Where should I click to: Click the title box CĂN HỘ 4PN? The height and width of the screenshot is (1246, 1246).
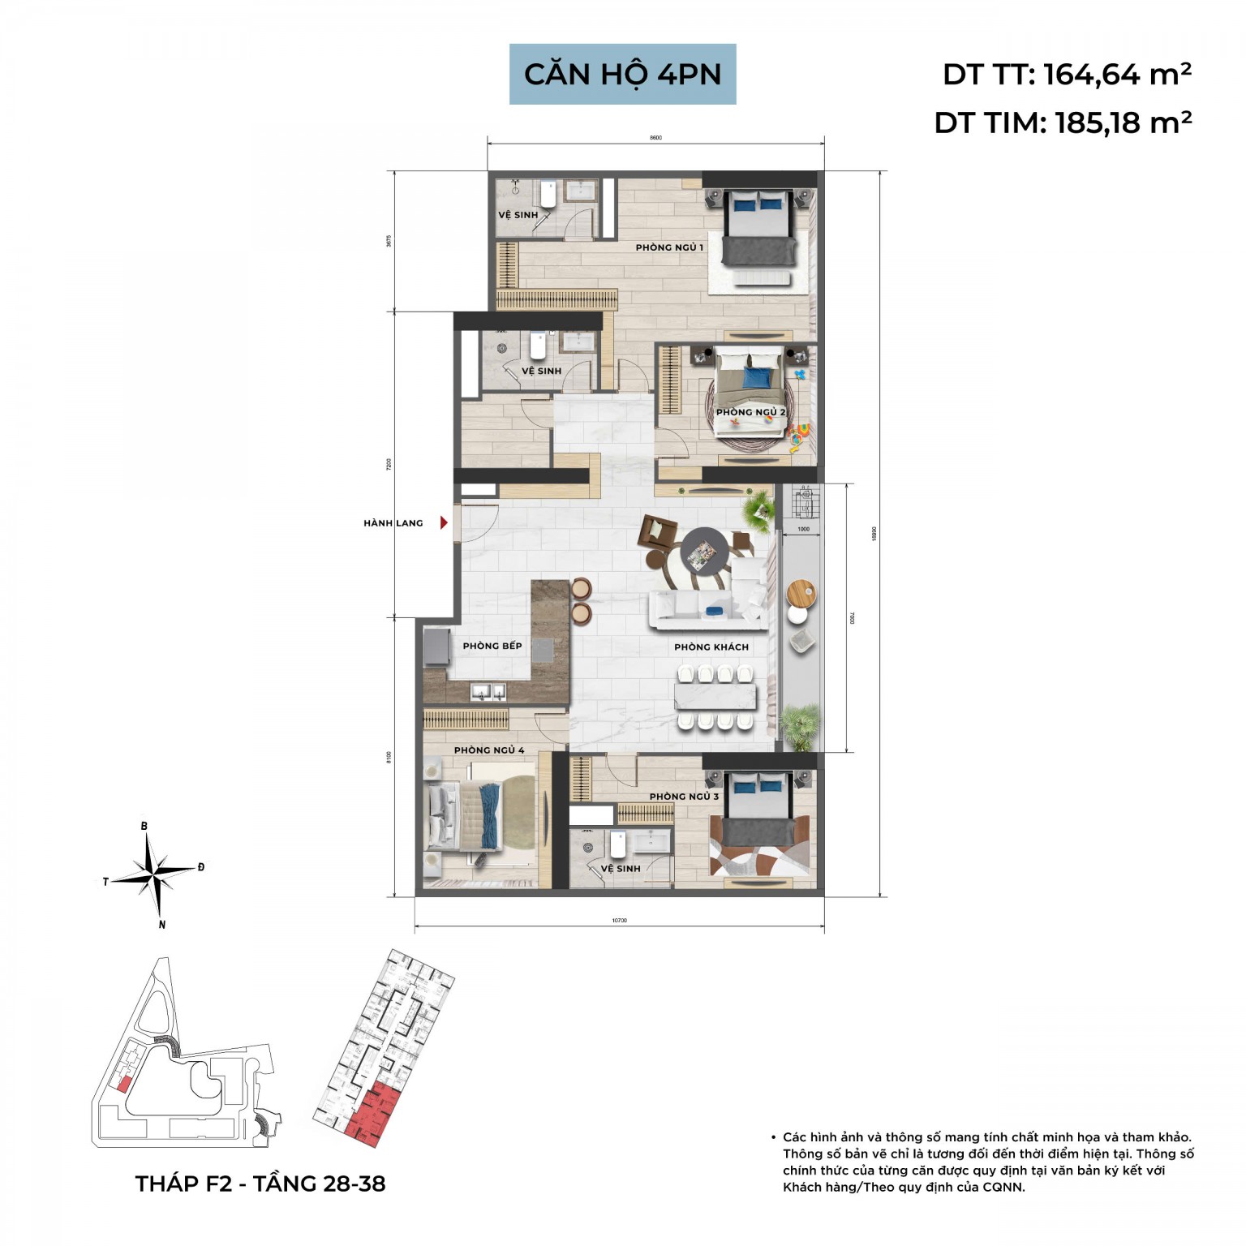622,74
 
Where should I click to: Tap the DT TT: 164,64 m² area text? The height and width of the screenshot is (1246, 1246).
1066,75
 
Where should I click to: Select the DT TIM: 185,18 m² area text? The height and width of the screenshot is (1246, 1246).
1063,123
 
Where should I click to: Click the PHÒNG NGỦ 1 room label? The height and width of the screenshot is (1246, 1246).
669,247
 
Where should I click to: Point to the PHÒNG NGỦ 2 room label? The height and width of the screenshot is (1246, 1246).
750,412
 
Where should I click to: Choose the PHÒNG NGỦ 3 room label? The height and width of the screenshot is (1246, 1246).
684,797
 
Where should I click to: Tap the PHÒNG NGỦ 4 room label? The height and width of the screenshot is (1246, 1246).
489,750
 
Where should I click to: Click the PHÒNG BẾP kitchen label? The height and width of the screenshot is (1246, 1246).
492,646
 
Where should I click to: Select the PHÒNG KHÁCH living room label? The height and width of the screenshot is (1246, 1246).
711,647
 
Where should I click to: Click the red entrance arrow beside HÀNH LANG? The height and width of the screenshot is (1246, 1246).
444,523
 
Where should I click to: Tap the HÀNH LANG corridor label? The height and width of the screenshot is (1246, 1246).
393,523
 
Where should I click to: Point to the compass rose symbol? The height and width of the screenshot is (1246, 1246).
154,875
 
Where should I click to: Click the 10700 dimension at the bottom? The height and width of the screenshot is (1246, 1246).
619,920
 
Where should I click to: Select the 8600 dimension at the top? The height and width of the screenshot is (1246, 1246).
655,138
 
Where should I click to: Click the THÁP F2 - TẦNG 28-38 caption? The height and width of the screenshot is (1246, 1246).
260,1184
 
